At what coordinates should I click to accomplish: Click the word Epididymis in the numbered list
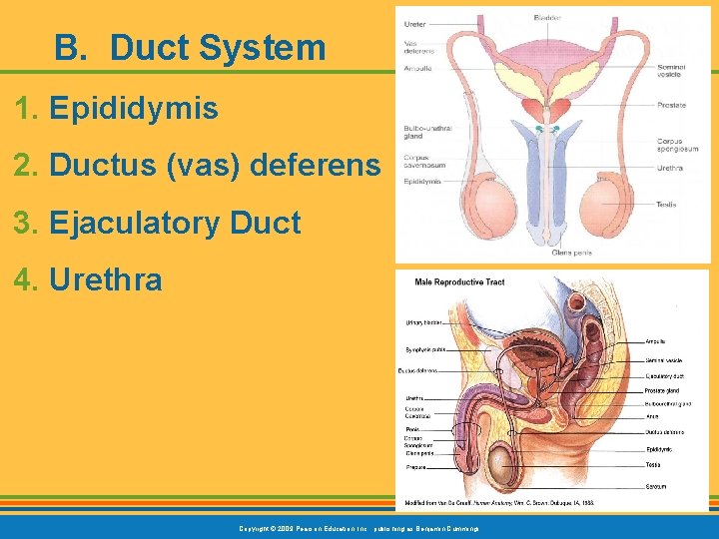pos(133,109)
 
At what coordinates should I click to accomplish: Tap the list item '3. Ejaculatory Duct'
pos(158,223)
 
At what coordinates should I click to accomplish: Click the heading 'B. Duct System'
pos(190,47)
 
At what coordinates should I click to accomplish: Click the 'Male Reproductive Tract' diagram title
pos(459,282)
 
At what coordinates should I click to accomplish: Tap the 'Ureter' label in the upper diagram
pos(414,24)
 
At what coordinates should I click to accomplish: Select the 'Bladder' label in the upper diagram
pos(548,17)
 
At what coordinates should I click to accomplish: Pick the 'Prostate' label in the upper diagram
pos(671,105)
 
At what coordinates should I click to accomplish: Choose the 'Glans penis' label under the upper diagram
pos(571,253)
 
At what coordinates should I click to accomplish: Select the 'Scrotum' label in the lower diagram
pos(656,486)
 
